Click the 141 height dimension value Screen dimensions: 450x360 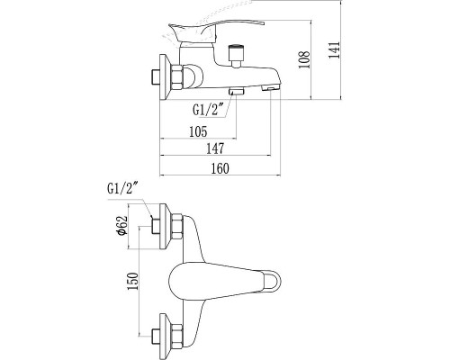(335, 50)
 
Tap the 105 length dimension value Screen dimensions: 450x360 (198, 131)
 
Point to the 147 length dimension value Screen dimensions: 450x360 (215, 148)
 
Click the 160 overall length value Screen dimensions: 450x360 (220, 168)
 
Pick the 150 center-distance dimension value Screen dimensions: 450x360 (133, 281)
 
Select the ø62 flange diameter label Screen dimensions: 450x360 (122, 226)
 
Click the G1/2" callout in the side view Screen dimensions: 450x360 (209, 110)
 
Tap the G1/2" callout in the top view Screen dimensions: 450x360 (123, 189)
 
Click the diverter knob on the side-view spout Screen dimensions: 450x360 (237, 55)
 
